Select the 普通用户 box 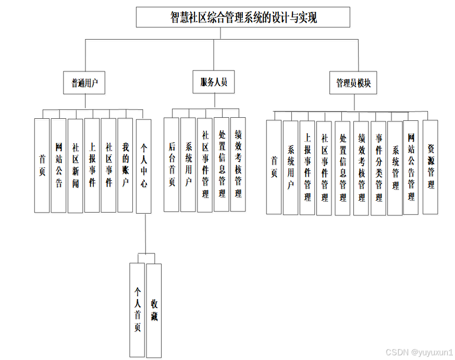[84, 82]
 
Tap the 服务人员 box [214, 82]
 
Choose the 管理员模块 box [353, 83]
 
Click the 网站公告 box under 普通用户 [59, 165]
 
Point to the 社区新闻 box [76, 166]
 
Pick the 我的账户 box [125, 165]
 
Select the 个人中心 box [143, 166]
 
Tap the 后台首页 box [171, 165]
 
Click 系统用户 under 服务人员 [188, 165]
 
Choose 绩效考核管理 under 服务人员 [238, 165]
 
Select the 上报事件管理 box [308, 167]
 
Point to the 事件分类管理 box [379, 167]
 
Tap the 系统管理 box [396, 167]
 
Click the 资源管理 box [430, 167]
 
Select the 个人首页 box [137, 309]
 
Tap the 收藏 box [154, 309]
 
